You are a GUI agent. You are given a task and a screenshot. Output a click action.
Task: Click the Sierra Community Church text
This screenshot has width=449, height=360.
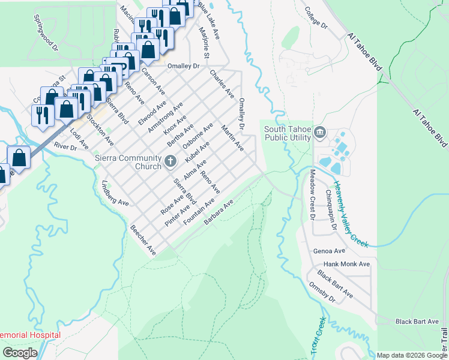click(x=128, y=161)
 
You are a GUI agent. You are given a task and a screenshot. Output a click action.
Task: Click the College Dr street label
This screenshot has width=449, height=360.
click(x=316, y=19)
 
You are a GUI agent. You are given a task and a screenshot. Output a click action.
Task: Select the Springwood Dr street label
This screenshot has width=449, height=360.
click(x=46, y=38)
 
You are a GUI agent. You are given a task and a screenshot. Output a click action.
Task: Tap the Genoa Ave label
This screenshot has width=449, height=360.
click(x=329, y=251)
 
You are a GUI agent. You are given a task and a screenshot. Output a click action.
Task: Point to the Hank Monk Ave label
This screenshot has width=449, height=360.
click(x=347, y=264)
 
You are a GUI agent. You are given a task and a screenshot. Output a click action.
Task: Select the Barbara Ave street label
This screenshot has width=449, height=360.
click(x=218, y=214)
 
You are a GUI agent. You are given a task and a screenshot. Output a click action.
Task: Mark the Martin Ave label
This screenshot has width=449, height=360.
click(x=232, y=138)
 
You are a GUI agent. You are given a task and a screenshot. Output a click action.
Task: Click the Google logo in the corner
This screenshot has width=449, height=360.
click(x=20, y=353)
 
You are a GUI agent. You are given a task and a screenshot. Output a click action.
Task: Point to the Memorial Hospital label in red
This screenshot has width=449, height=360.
click(x=30, y=335)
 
